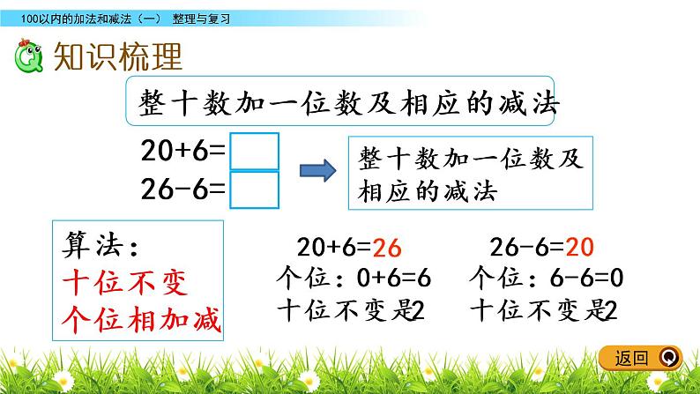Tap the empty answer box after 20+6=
click(254, 152)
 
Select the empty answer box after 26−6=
click(254, 190)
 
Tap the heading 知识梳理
click(117, 57)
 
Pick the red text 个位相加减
click(138, 322)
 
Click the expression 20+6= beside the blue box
click(182, 152)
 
